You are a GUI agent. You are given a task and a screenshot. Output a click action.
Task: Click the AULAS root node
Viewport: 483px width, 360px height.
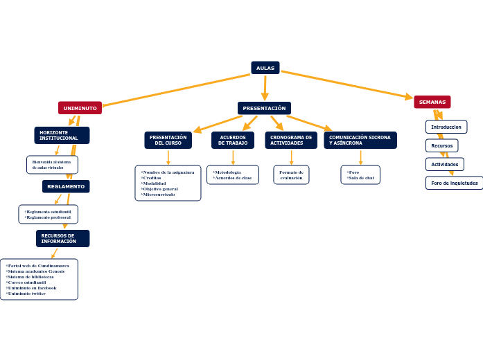click(x=265, y=68)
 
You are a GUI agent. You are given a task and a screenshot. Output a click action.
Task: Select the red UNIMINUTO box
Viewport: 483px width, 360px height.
click(x=80, y=108)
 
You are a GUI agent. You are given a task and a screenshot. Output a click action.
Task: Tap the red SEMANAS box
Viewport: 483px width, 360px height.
click(x=432, y=102)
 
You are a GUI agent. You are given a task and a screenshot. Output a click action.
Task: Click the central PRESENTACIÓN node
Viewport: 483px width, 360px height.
click(x=264, y=108)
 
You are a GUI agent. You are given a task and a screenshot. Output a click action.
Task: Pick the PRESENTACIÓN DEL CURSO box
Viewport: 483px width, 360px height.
click(x=168, y=140)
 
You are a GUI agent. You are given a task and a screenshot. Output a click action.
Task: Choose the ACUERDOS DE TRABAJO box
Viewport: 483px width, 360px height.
click(x=233, y=140)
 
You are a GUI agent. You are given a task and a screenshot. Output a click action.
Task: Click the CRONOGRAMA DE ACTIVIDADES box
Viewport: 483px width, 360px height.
click(x=290, y=140)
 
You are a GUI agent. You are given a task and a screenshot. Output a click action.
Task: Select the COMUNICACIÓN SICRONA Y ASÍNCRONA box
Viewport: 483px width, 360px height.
click(x=360, y=140)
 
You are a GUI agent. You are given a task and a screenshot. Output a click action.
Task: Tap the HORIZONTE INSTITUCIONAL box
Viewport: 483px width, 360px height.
click(x=61, y=135)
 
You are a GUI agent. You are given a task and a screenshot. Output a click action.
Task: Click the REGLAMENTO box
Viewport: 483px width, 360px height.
click(x=66, y=186)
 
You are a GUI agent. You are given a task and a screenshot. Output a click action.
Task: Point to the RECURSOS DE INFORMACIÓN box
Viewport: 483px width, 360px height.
click(x=62, y=238)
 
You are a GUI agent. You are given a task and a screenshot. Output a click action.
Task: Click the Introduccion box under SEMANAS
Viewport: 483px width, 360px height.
click(x=446, y=127)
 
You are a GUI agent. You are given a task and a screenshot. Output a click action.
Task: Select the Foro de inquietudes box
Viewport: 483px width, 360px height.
click(x=454, y=183)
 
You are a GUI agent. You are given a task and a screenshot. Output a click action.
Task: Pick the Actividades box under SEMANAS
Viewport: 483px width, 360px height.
click(x=444, y=164)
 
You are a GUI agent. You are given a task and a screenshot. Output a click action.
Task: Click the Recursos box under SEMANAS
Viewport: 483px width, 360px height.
click(x=441, y=145)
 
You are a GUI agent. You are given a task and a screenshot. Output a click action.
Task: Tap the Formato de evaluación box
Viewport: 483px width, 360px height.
click(x=291, y=174)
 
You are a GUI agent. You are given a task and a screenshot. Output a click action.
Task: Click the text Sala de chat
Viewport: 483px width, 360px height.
click(x=361, y=178)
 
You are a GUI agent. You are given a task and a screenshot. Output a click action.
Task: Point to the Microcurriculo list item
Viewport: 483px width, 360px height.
click(x=159, y=195)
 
